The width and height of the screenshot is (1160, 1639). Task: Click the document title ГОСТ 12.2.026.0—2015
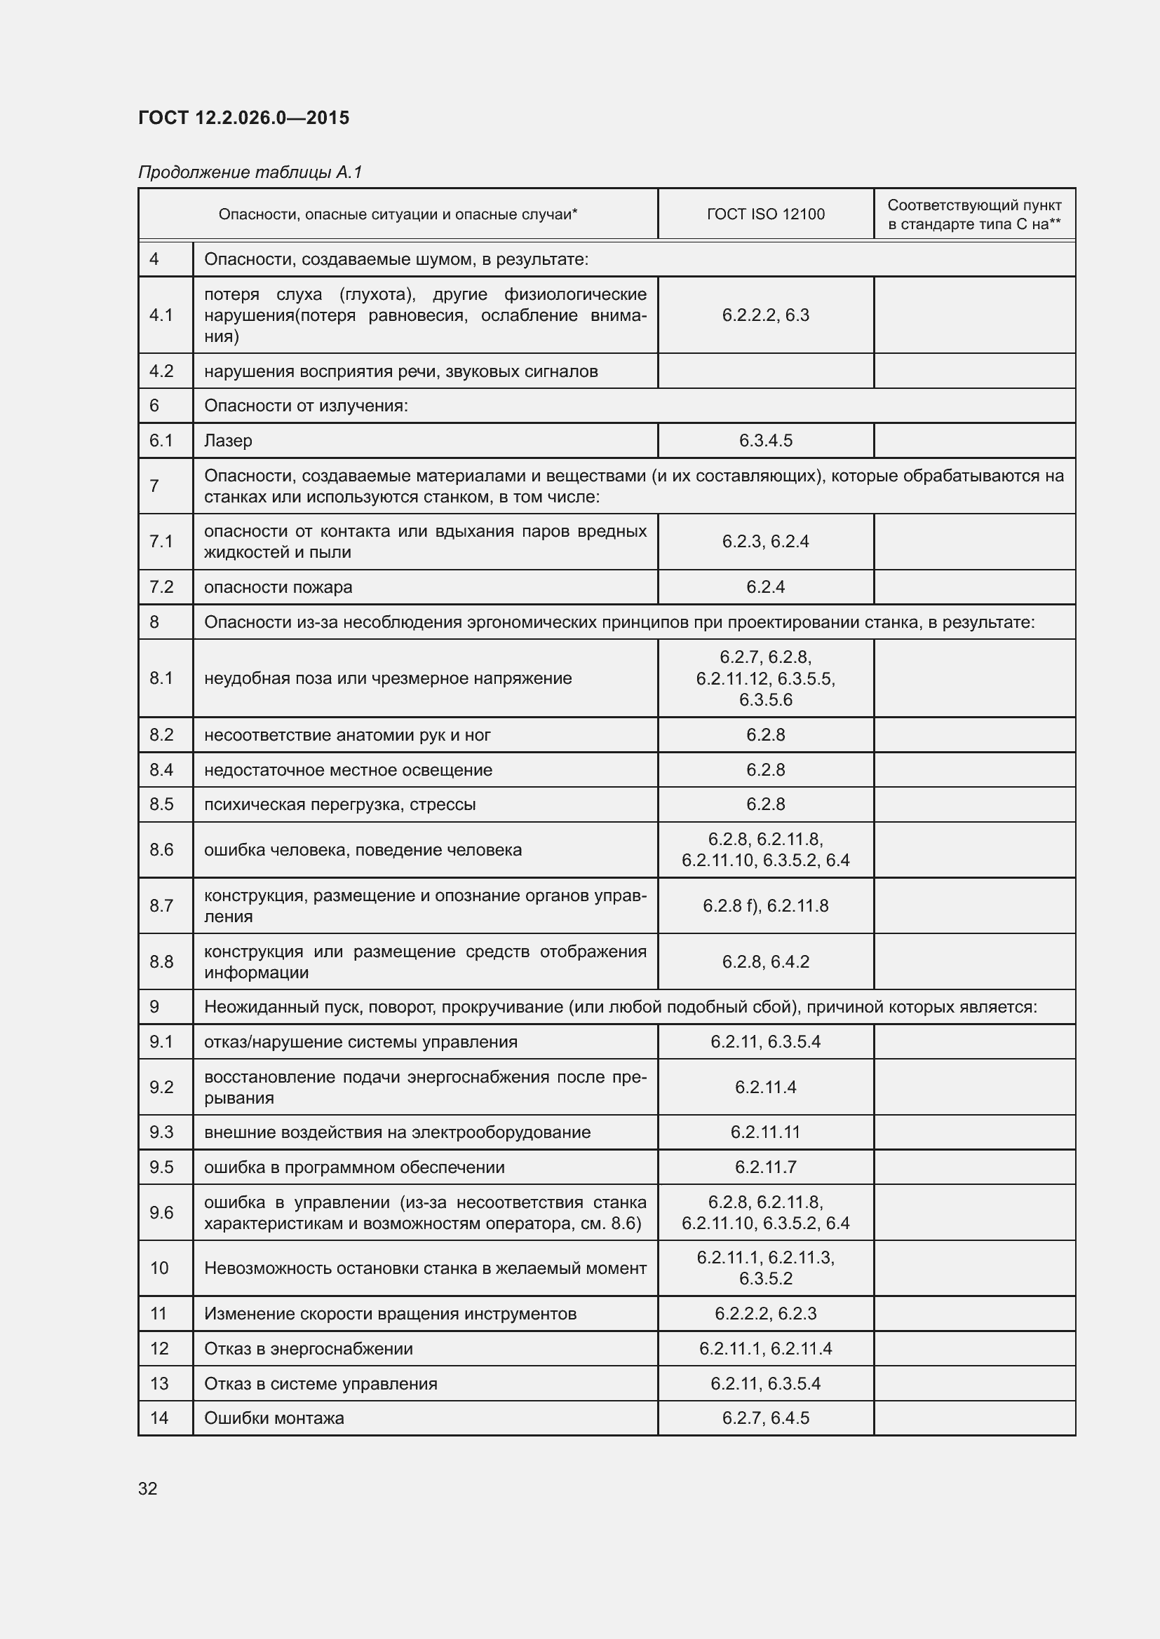[243, 118]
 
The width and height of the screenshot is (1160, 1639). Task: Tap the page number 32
[148, 1488]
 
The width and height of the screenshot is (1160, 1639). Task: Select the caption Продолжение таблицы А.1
[250, 172]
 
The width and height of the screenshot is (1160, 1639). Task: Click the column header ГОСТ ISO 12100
[765, 214]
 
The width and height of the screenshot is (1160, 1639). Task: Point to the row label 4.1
[161, 315]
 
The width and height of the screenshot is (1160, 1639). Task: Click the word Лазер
[228, 441]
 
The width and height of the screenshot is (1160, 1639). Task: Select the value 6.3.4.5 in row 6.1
[765, 441]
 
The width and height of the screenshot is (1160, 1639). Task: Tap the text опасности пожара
[278, 587]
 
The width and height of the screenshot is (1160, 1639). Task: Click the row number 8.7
[161, 905]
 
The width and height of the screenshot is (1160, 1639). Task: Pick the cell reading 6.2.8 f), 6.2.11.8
[765, 905]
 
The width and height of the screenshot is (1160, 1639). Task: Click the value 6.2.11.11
[765, 1132]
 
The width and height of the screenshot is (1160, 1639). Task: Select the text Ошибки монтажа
[274, 1418]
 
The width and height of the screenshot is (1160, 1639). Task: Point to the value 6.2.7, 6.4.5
[765, 1418]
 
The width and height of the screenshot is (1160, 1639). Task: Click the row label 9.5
[161, 1167]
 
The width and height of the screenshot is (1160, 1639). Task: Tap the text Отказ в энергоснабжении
[308, 1348]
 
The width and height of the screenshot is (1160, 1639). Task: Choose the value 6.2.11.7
[765, 1167]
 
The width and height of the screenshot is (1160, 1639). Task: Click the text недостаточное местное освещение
[348, 769]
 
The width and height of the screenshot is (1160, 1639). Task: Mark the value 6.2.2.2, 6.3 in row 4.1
[765, 315]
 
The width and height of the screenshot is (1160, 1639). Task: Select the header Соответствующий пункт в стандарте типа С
[973, 214]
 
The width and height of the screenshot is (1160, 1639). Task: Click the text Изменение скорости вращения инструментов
[390, 1313]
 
